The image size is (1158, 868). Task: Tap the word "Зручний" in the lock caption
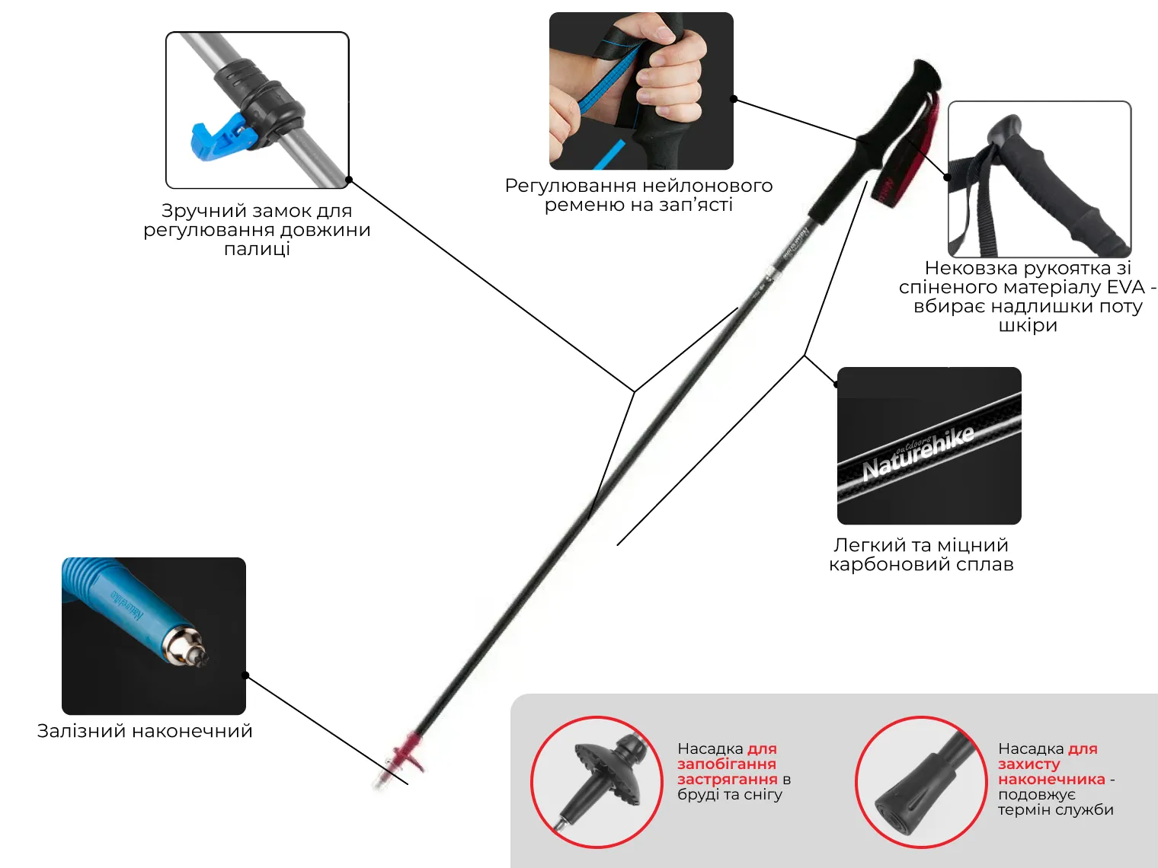(194, 211)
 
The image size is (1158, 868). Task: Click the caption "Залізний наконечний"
(145, 731)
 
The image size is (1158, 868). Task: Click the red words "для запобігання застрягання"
(727, 764)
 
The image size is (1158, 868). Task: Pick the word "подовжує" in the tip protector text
(1036, 794)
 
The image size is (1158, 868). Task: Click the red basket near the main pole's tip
(405, 750)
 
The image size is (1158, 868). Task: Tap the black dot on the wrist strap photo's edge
(734, 99)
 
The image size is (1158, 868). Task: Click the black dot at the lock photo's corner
(349, 180)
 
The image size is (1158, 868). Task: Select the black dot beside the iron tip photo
(245, 675)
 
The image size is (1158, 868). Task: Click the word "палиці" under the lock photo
(257, 249)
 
